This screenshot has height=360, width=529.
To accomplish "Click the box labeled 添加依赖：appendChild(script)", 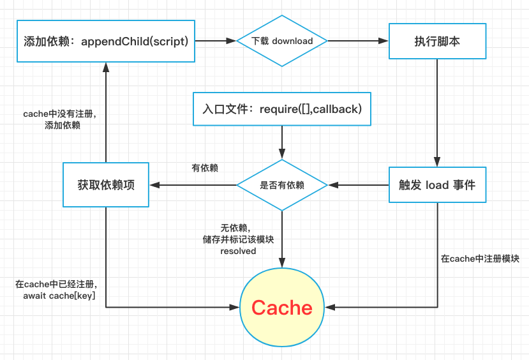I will (x=106, y=41).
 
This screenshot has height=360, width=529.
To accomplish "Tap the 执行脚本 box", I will (x=437, y=41).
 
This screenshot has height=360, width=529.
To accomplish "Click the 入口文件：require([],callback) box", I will (x=281, y=109).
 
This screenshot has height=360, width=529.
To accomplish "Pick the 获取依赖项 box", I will (x=106, y=185).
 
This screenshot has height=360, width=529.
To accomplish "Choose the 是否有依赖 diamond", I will (x=281, y=185).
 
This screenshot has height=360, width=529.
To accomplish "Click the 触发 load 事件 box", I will (x=437, y=185).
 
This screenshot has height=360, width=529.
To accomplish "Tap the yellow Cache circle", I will (x=281, y=308).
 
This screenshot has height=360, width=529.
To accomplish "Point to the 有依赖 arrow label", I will (x=205, y=169).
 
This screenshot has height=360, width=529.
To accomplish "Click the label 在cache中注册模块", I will (x=480, y=259).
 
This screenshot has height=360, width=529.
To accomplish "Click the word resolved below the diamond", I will (x=238, y=251).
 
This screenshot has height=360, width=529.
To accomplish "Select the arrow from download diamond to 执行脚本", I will (x=358, y=41).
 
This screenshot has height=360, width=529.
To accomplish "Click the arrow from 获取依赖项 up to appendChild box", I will (x=106, y=112).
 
